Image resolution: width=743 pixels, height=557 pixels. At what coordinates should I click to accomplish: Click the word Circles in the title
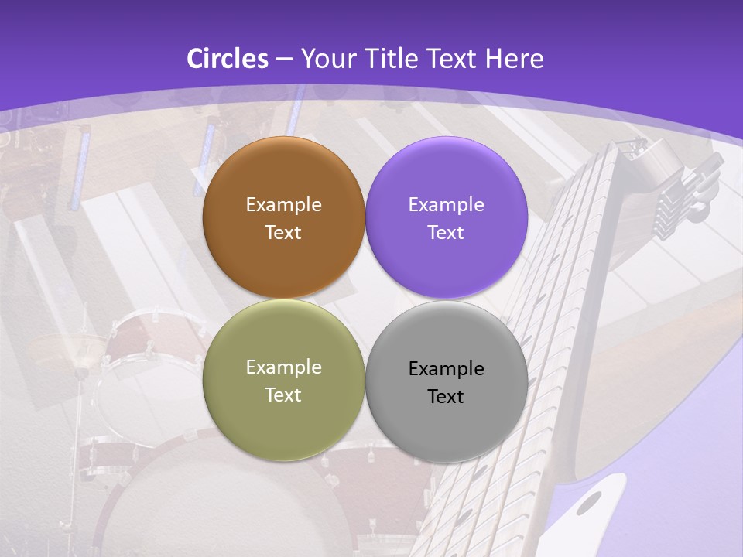coord(227,59)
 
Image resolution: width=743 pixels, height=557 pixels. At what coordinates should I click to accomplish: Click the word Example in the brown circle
coord(283,204)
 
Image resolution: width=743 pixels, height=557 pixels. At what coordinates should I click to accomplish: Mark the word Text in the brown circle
coord(283,232)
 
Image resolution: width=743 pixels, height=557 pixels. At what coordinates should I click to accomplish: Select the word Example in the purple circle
coord(447,204)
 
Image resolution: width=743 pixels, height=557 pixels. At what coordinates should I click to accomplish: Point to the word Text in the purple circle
coord(447,232)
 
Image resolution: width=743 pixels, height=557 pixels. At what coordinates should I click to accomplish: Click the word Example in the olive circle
coord(283,367)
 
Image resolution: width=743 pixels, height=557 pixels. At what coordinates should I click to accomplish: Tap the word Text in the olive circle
coord(283,395)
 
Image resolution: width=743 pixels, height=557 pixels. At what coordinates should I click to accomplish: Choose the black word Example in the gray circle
coord(447,368)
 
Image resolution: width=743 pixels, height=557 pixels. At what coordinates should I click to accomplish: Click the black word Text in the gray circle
coord(447,396)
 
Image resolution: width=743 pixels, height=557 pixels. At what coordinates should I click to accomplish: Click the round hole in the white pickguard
coord(590,503)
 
